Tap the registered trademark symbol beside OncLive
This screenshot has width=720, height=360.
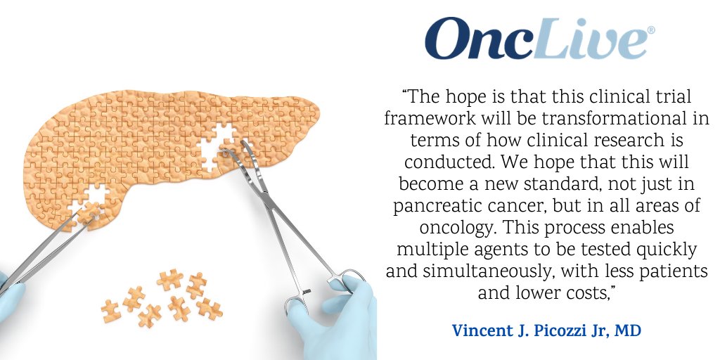click(x=650, y=30)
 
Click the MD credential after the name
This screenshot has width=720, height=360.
click(x=628, y=330)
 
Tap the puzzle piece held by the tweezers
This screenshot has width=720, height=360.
click(x=89, y=212)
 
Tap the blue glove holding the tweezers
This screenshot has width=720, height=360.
click(x=10, y=298)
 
